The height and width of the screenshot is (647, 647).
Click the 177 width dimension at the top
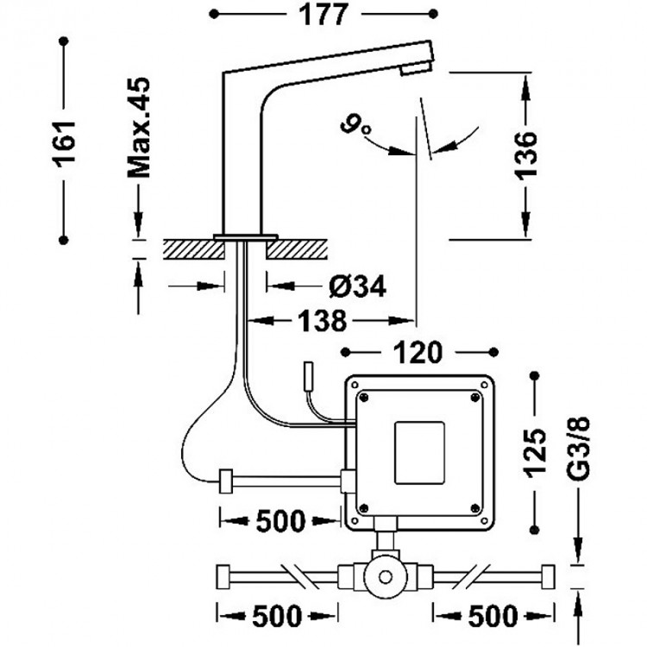[x=323, y=15]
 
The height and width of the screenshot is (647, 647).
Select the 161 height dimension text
[x=66, y=137]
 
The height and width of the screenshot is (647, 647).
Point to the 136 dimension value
[x=527, y=155]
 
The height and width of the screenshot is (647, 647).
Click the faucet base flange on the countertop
[x=245, y=236]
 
